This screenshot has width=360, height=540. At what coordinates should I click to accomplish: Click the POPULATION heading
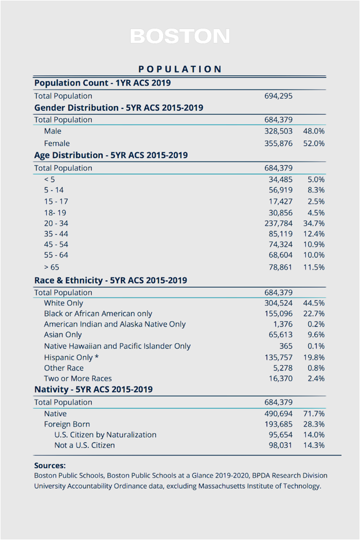pyautogui.click(x=180, y=69)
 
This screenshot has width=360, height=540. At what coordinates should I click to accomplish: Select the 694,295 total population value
pyautogui.click(x=278, y=96)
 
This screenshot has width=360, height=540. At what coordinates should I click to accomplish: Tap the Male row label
pyautogui.click(x=52, y=131)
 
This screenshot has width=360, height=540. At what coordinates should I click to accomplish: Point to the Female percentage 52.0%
pyautogui.click(x=314, y=143)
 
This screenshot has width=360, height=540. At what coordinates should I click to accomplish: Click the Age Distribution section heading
pyautogui.click(x=111, y=155)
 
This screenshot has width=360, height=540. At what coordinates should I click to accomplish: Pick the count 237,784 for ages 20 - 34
pyautogui.click(x=278, y=223)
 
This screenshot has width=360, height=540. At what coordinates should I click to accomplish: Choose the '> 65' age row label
pyautogui.click(x=51, y=267)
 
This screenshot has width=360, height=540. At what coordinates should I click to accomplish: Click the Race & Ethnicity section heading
pyautogui.click(x=111, y=280)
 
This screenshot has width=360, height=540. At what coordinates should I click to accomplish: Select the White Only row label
pyautogui.click(x=63, y=303)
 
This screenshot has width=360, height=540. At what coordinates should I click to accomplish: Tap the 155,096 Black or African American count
pyautogui.click(x=278, y=313)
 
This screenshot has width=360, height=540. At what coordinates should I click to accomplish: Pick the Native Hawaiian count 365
pyautogui.click(x=286, y=346)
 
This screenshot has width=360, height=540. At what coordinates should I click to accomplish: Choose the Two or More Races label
pyautogui.click(x=78, y=378)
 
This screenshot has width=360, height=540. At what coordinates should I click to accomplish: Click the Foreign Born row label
pyautogui.click(x=67, y=424)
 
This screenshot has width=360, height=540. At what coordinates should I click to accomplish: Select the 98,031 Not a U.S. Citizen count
pyautogui.click(x=281, y=445)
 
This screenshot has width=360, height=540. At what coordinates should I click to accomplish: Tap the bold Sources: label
pyautogui.click(x=50, y=465)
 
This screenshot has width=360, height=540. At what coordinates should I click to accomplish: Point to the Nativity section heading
pyautogui.click(x=94, y=389)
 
